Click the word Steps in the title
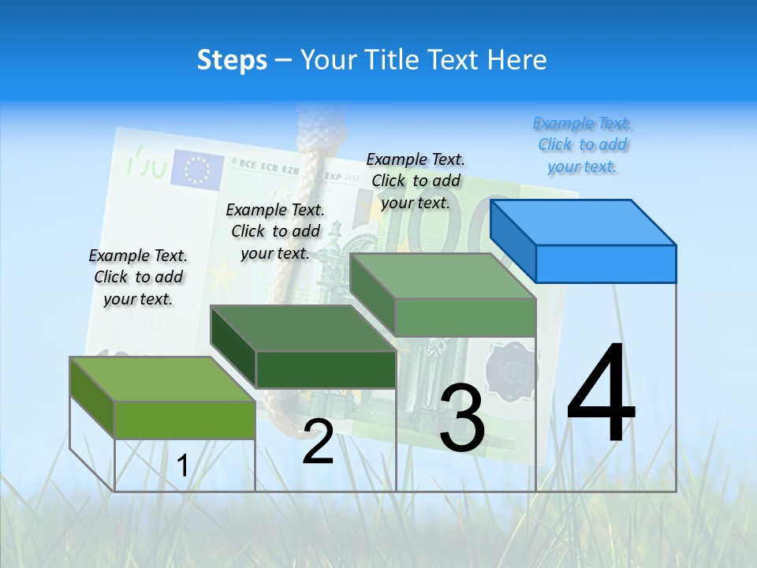pos(232,60)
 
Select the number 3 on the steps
pos(462,418)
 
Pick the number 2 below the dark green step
pos(318,442)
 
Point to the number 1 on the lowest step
pos(182,466)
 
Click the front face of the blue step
pos(606,263)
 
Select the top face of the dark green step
pos(304,327)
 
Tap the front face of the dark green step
pos(326,369)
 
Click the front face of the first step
pos(185,420)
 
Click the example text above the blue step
pos(583,145)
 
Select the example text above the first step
pos(138,277)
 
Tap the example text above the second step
pos(275,231)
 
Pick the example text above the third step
pos(416,181)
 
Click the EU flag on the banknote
pos(197,168)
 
